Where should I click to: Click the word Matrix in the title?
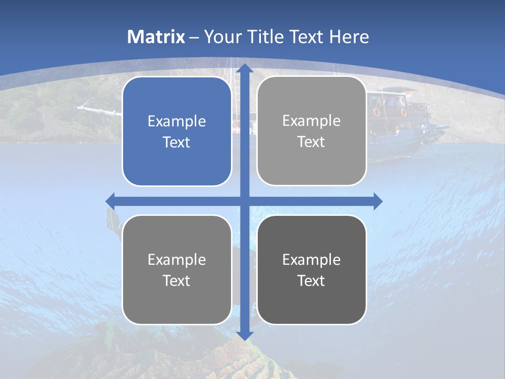tap(156, 37)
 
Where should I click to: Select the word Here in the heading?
tap(349, 37)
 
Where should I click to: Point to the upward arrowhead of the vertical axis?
tap(244, 68)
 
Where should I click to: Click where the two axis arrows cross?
tap(244, 201)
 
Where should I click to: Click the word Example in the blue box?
tap(177, 122)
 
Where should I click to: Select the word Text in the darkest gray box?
tap(311, 281)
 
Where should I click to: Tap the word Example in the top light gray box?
tap(311, 121)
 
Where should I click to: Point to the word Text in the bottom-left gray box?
tap(177, 281)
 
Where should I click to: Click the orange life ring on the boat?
tap(377, 112)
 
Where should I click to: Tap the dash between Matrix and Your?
tap(194, 37)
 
